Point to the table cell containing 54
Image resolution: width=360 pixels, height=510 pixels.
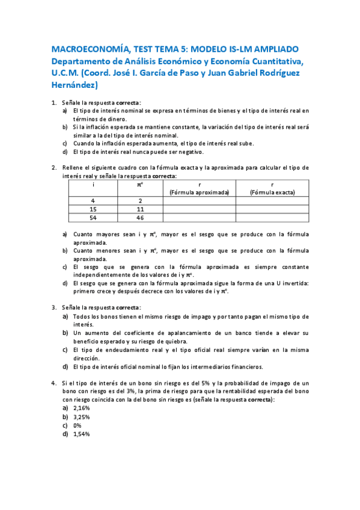click(93, 218)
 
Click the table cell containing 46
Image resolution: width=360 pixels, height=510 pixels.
click(139, 218)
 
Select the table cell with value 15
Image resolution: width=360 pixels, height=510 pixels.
click(93, 209)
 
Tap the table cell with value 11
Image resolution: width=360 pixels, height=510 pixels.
click(139, 209)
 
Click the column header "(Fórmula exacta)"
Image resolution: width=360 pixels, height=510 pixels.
click(272, 192)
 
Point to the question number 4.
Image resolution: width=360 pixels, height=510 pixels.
click(54, 383)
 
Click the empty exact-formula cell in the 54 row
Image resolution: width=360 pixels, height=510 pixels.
click(272, 218)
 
